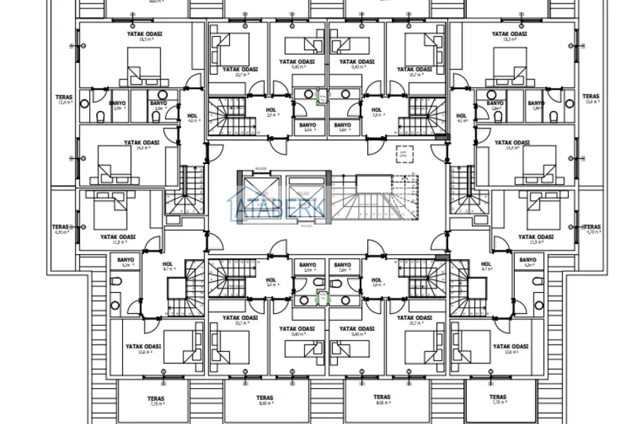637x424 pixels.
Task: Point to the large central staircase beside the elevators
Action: [373, 196]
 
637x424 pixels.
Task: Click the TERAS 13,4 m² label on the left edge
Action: [62, 100]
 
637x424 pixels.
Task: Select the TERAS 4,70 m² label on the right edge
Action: [591, 229]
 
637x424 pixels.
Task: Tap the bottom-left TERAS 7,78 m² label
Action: [155, 401]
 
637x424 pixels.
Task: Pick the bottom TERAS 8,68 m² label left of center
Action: [264, 401]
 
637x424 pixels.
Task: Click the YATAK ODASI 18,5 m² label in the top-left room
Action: [144, 37]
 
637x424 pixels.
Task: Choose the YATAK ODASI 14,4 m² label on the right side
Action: [512, 145]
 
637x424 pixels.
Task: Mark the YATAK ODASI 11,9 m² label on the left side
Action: [118, 239]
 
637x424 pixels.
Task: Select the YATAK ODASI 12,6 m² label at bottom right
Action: [511, 349]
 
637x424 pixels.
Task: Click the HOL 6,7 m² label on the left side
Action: [168, 266]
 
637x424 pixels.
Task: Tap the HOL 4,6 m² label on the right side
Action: [462, 118]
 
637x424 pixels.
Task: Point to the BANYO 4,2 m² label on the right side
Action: [528, 262]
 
